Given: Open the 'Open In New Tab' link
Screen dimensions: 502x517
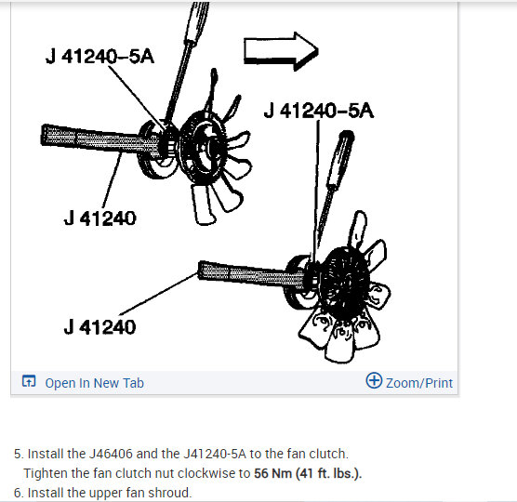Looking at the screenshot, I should click(94, 383).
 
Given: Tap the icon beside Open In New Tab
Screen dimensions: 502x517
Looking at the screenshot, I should click(29, 382).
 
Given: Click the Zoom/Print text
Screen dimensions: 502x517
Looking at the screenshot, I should click(419, 382).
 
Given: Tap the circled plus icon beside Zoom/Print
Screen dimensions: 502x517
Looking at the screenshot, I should click(375, 381).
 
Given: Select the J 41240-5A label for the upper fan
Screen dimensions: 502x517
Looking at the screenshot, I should click(99, 58).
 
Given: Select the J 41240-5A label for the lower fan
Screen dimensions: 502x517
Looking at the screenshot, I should click(319, 112).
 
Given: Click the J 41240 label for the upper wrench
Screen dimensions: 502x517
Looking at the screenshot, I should click(99, 218).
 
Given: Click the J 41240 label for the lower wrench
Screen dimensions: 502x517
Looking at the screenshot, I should click(99, 327).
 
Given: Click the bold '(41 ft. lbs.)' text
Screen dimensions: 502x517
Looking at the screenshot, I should click(328, 473).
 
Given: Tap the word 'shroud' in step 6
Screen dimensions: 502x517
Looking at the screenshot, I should click(171, 492).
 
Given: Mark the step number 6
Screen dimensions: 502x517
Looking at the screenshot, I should click(18, 492).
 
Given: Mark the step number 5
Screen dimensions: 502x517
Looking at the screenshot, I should click(18, 454).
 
